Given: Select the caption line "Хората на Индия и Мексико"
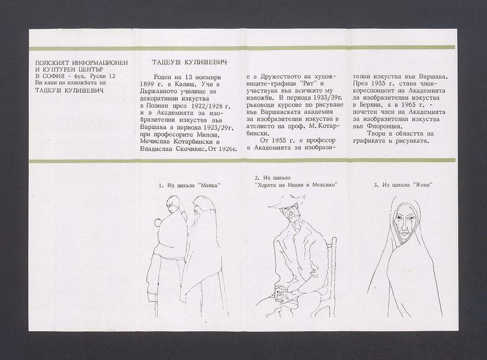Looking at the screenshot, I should coord(296,185).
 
